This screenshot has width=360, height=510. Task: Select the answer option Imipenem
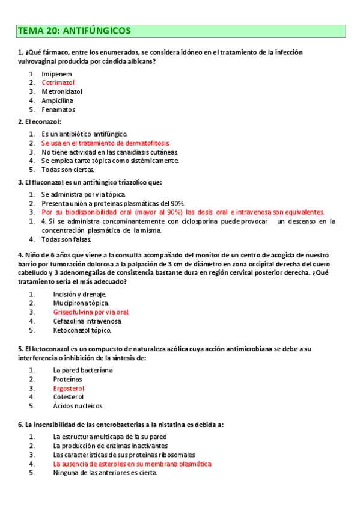(x=53, y=73)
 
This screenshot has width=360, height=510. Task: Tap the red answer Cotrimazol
(x=58, y=82)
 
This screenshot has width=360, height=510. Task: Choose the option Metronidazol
(x=62, y=91)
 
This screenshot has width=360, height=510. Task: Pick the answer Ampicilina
(x=58, y=100)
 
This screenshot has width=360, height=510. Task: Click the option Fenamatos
(x=58, y=110)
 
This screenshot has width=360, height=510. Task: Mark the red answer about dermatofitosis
(x=105, y=143)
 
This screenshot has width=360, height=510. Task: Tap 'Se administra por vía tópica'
(x=84, y=194)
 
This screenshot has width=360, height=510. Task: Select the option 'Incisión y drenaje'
(x=80, y=294)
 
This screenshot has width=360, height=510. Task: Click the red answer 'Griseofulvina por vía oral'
(x=91, y=312)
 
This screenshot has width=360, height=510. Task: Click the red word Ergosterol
(x=69, y=389)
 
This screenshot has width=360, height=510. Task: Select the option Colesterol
(x=68, y=397)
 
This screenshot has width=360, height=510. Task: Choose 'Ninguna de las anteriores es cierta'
(x=105, y=473)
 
